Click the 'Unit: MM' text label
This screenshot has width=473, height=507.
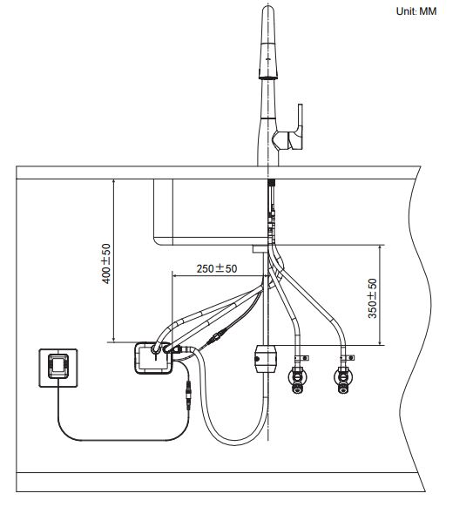click(416, 11)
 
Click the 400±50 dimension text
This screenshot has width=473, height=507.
click(106, 264)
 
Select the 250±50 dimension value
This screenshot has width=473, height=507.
click(217, 268)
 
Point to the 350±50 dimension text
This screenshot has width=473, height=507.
click(373, 298)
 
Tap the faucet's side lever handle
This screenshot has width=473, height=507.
click(294, 132)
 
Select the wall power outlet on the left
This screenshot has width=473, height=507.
click(58, 368)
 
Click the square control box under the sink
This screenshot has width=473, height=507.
click(152, 358)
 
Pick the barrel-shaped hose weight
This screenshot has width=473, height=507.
click(266, 359)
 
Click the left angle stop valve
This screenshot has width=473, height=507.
click(297, 378)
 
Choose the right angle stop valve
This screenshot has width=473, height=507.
click(342, 378)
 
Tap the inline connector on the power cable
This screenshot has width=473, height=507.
click(188, 395)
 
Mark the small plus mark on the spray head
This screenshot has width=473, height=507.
click(267, 59)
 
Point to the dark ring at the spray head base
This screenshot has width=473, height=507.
click(268, 76)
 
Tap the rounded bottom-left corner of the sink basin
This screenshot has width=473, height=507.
click(157, 241)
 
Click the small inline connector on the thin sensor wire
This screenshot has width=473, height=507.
click(215, 338)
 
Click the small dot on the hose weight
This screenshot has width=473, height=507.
click(257, 359)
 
